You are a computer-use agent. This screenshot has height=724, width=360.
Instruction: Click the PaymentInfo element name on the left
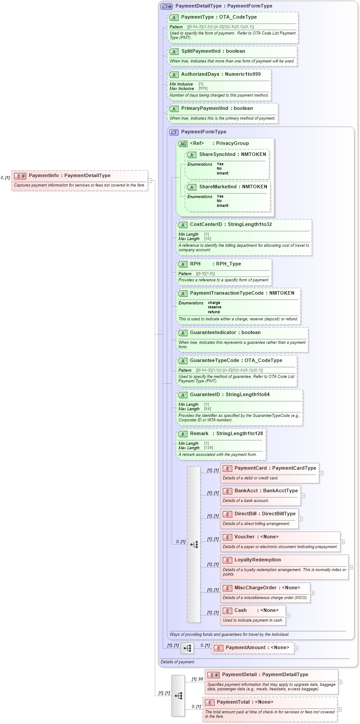click(43, 175)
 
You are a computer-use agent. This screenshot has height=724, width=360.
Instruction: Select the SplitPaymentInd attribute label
click(200, 51)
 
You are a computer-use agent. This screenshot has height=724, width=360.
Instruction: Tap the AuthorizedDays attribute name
click(200, 74)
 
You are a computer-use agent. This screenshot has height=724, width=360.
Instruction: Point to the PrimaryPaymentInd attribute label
click(204, 109)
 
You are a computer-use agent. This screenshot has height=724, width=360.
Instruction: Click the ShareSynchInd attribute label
click(217, 155)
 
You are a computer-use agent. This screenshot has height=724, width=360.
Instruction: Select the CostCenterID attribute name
click(206, 225)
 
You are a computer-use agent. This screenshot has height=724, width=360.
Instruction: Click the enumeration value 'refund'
click(214, 312)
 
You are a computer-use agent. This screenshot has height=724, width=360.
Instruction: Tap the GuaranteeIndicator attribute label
click(213, 333)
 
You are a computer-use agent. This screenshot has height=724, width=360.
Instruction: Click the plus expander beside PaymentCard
click(321, 473)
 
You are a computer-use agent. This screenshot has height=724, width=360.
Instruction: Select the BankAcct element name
click(246, 491)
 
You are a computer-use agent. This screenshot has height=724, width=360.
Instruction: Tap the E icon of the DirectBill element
click(227, 514)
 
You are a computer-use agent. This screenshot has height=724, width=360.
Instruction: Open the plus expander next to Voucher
click(343, 542)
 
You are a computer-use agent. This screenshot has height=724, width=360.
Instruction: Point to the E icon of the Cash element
click(227, 611)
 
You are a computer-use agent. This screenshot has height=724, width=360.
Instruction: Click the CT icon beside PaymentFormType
click(174, 132)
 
